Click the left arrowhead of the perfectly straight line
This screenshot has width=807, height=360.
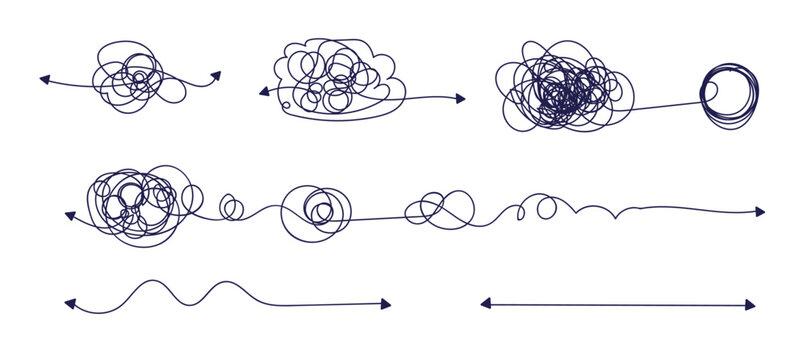tap(485, 302)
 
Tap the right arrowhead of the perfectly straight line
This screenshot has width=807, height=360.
tap(751, 304)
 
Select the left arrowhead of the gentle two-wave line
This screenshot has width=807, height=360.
tap(69, 301)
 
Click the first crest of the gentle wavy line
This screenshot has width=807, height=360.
tap(150, 282)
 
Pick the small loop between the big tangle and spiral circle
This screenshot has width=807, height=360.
tap(231, 208)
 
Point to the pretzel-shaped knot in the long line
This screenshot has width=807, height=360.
tap(436, 206)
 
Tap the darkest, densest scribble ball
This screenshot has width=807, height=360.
tap(560, 90)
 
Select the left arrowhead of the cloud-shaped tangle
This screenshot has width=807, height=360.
tap(264, 92)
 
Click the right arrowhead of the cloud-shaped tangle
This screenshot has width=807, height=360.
tap(460, 99)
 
